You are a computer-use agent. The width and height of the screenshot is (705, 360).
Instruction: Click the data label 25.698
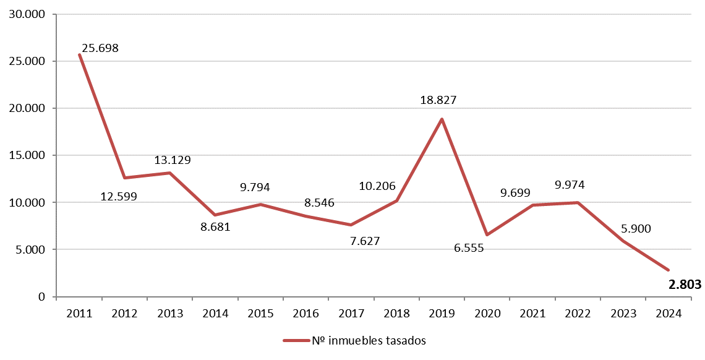tap(100, 48)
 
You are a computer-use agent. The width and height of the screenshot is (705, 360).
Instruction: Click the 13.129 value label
tap(172, 160)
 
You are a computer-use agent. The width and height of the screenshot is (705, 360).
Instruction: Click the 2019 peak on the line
tap(442, 119)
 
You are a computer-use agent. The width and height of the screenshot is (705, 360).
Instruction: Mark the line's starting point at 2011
tap(80, 54)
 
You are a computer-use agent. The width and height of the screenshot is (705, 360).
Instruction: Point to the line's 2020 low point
tap(487, 234)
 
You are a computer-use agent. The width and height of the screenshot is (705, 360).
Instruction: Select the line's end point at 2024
tap(668, 270)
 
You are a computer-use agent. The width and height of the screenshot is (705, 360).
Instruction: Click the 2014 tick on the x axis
tap(215, 314)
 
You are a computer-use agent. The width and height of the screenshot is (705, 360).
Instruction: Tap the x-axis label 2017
tap(351, 314)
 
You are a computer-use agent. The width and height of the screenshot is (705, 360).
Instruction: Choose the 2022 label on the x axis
tap(578, 314)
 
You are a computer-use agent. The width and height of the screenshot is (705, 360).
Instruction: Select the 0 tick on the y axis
tap(41, 297)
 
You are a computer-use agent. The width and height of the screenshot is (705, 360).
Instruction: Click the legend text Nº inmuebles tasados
tap(369, 340)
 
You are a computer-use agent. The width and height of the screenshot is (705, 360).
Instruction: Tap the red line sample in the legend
tap(295, 340)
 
